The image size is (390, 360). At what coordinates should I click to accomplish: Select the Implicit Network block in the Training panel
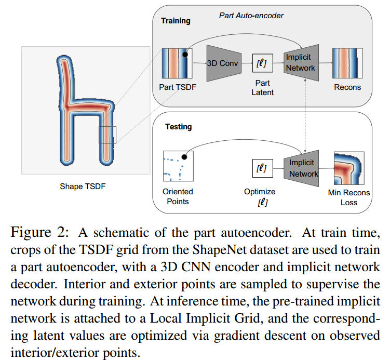(301, 63)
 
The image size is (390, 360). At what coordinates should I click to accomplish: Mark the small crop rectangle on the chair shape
(107, 135)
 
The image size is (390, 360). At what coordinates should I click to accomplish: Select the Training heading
(176, 21)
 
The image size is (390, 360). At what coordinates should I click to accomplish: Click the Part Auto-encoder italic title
(251, 16)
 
